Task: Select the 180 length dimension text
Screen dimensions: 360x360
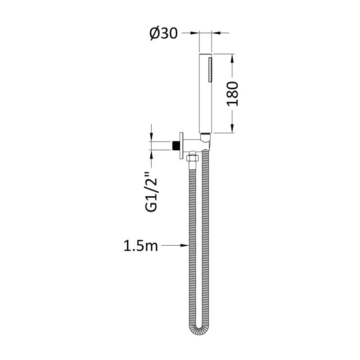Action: click(233, 94)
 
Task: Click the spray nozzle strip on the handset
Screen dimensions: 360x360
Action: click(209, 70)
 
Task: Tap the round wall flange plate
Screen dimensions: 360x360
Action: click(181, 145)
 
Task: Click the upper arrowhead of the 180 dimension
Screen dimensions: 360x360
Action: click(233, 58)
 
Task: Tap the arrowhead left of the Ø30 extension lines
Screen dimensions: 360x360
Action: click(195, 33)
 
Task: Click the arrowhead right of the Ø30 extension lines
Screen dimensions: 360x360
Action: click(215, 33)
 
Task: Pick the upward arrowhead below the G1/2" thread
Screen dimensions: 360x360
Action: click(152, 153)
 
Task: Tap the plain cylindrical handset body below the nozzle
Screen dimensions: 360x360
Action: click(205, 108)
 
